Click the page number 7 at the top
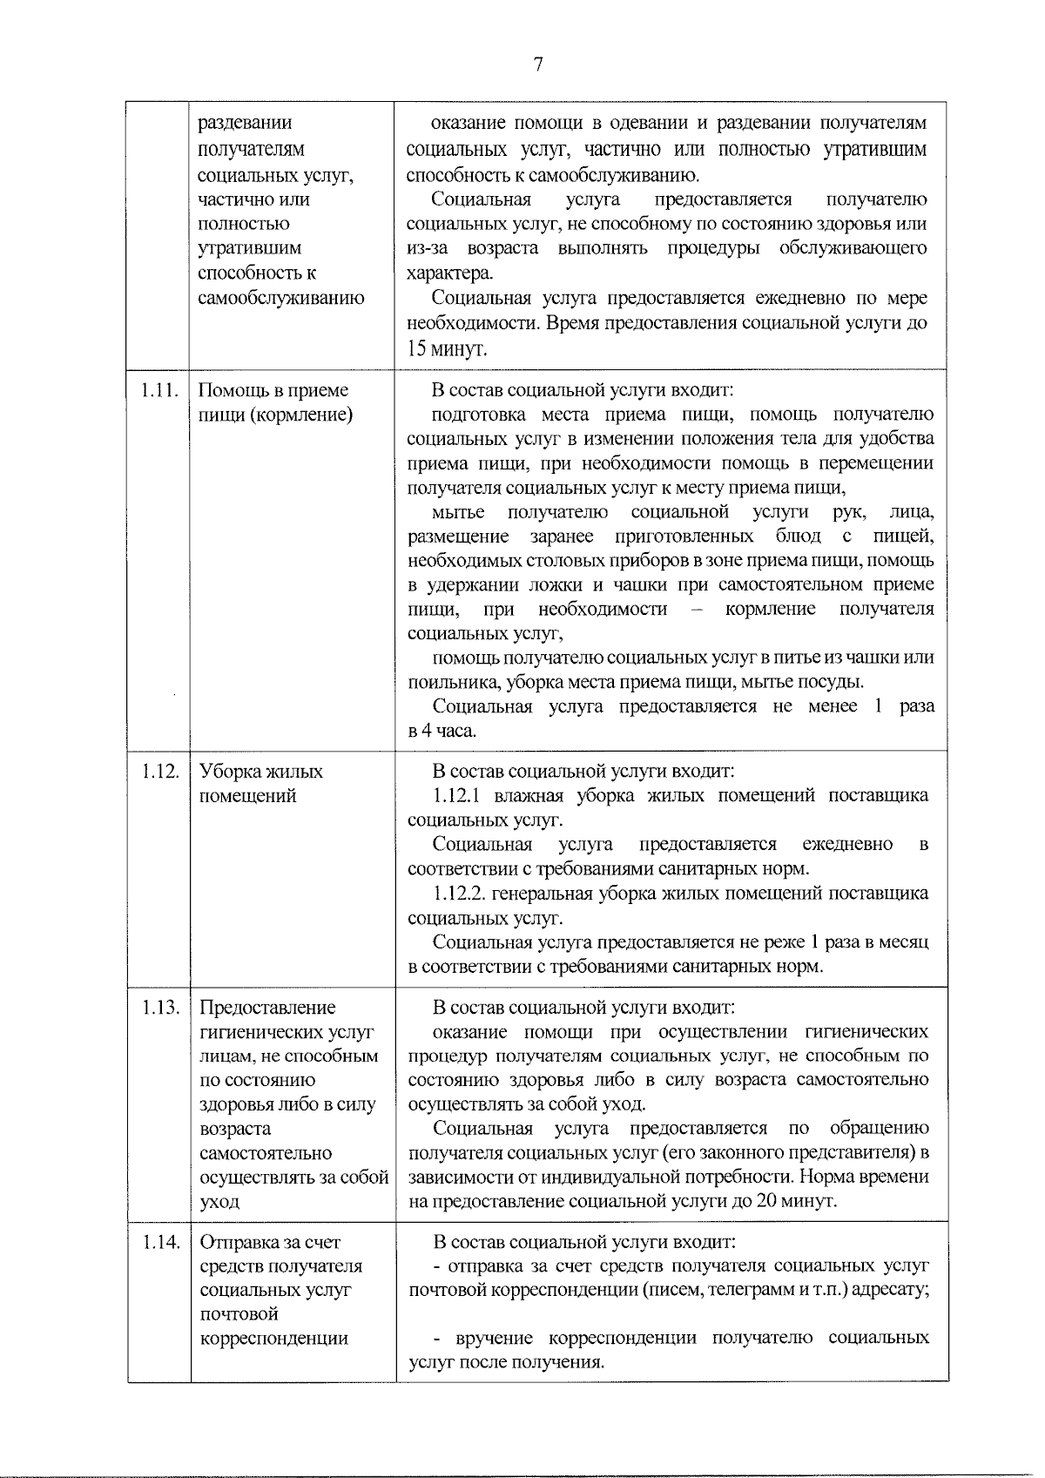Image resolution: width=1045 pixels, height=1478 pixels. (537, 65)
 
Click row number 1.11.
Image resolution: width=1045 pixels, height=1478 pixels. (159, 391)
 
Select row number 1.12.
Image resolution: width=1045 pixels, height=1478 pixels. (159, 772)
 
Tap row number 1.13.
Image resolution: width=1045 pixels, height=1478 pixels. (159, 1008)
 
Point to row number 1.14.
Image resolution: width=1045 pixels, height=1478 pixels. (159, 1243)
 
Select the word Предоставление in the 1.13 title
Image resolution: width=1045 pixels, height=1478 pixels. (267, 1008)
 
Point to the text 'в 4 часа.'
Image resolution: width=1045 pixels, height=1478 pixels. (442, 731)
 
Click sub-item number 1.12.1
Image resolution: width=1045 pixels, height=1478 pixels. (460, 796)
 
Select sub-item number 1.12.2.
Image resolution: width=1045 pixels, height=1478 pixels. (462, 894)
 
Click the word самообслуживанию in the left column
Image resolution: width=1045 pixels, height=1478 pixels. (280, 299)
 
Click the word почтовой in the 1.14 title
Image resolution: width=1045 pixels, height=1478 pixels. (239, 1314)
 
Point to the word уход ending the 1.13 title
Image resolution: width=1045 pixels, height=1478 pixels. (219, 1202)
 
